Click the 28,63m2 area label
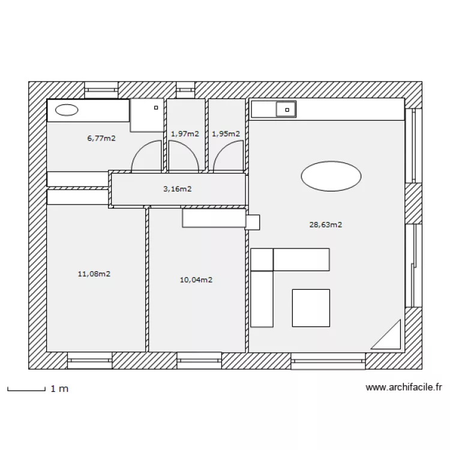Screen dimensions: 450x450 tap(326, 225)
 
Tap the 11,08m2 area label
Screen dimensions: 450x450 tap(94, 274)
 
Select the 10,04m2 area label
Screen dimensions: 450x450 tap(196, 280)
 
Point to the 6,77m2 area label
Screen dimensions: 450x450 tap(101, 139)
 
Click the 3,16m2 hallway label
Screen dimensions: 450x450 tap(178, 189)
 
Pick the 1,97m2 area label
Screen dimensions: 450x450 tap(185, 134)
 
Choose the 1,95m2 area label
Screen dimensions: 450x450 tap(226, 134)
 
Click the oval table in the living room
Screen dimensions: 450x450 tap(331, 176)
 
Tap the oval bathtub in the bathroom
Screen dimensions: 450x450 tap(67, 110)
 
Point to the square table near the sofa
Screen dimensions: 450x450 tap(311, 308)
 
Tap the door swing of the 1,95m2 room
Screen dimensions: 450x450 tap(229, 157)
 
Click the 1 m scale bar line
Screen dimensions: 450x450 tap(26, 391)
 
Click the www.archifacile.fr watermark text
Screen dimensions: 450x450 tap(404, 388)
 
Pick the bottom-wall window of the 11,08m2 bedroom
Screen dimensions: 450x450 tap(90, 360)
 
